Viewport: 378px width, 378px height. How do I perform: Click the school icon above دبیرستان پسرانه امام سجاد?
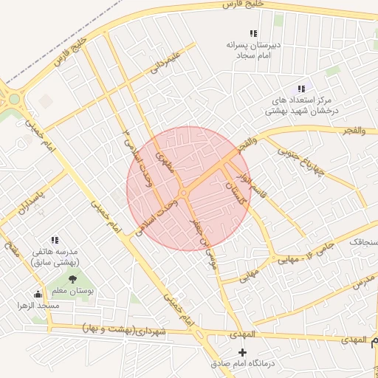[253, 33]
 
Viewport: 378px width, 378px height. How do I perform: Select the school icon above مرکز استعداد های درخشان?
[300, 89]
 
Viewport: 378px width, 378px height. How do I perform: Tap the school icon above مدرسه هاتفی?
[55, 240]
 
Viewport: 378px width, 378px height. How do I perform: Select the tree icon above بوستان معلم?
[72, 278]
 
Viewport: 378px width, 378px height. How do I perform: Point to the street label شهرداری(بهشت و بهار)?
[134, 327]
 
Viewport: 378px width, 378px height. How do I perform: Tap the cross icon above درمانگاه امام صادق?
[242, 353]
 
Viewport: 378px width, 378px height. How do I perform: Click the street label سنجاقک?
[362, 241]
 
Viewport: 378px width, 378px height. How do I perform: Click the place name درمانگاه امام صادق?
[242, 364]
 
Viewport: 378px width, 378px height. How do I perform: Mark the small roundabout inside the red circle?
[183, 193]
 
